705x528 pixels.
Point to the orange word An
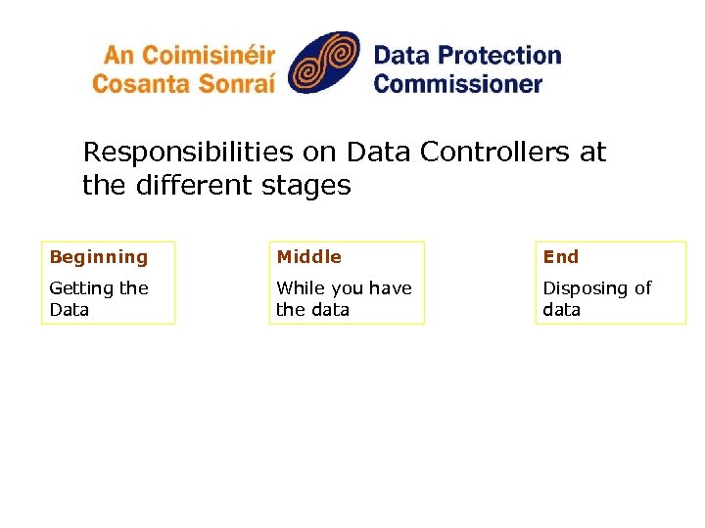pyautogui.click(x=120, y=56)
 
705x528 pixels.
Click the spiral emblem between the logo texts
pyautogui.click(x=324, y=63)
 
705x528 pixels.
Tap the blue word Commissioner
pyautogui.click(x=457, y=83)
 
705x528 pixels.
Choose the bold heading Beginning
pyautogui.click(x=98, y=257)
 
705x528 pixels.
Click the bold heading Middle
pyautogui.click(x=308, y=257)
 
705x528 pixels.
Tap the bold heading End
pyautogui.click(x=560, y=257)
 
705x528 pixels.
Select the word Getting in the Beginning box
pyautogui.click(x=81, y=288)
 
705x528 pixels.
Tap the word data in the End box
pyautogui.click(x=561, y=310)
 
